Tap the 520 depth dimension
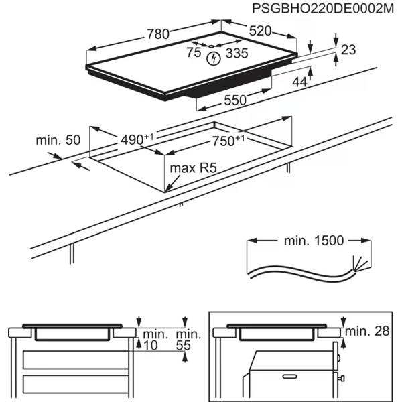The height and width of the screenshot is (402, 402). (x=263, y=31)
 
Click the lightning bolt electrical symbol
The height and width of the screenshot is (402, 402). (x=214, y=58)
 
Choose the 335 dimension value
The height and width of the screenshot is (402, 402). (x=235, y=53)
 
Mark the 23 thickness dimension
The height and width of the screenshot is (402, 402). (x=348, y=49)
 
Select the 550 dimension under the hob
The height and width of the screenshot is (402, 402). (x=234, y=100)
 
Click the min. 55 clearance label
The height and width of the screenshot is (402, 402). (x=188, y=340)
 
